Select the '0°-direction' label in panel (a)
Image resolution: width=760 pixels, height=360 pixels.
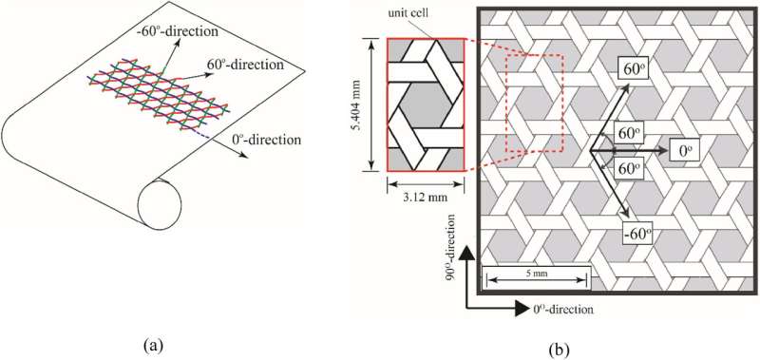tap(269, 140)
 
